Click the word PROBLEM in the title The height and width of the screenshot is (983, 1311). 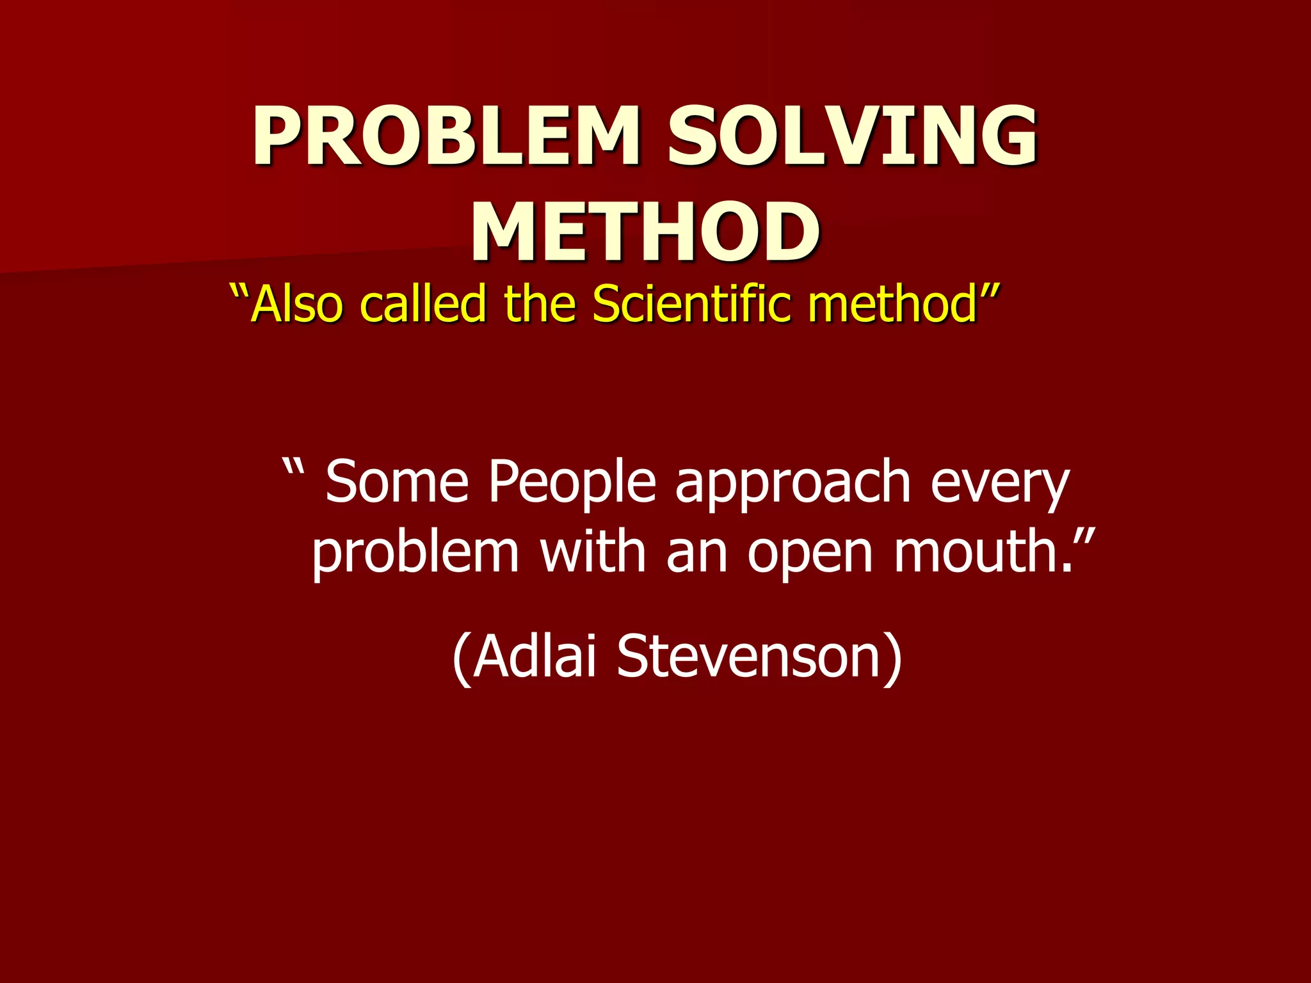point(446,136)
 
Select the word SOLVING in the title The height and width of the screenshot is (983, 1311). point(851,136)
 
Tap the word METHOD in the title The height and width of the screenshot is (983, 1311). point(645,232)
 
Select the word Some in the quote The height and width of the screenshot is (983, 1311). point(397,483)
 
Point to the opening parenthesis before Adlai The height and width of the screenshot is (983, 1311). point(462,659)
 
